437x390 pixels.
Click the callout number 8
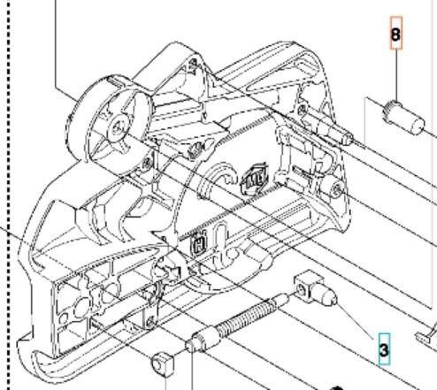[x=396, y=35]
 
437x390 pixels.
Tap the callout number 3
[x=384, y=350]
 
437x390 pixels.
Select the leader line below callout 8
[x=396, y=75]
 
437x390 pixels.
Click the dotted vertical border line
[x=9, y=177]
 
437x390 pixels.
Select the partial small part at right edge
[x=431, y=332]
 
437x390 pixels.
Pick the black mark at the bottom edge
[x=336, y=386]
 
